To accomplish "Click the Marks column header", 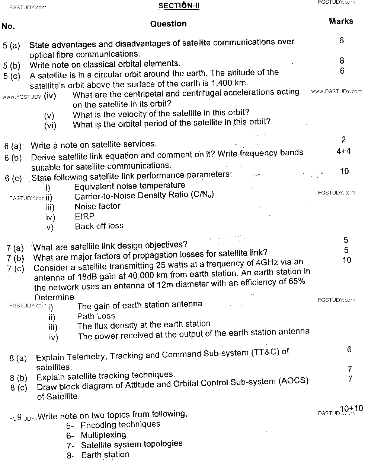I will tap(341, 21).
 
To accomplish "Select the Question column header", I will tap(168, 24).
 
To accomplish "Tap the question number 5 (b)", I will tap(12, 66).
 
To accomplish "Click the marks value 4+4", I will tap(343, 151).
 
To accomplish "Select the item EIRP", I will tap(84, 216).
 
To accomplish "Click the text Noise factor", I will tap(97, 206).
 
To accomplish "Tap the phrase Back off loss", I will tap(99, 226).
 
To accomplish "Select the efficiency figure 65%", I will tap(297, 281).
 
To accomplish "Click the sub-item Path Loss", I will tap(96, 316).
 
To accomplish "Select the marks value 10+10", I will tap(351, 408).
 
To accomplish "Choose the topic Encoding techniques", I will tap(120, 425).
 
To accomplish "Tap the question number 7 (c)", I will tap(16, 268).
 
